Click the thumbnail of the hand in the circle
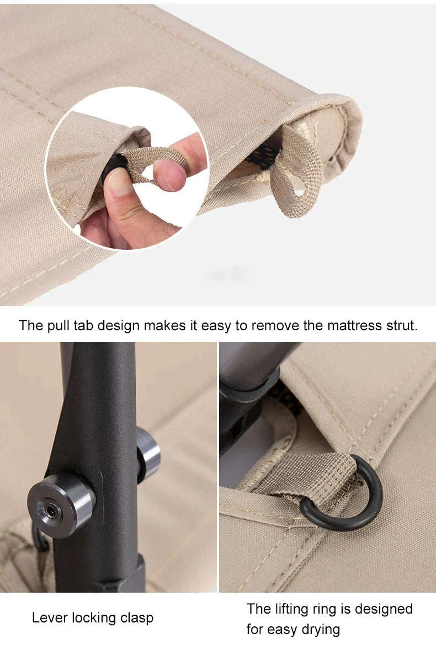point(119,182)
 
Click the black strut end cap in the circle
point(113,168)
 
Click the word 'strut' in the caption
point(400,325)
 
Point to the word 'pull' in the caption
point(58,326)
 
